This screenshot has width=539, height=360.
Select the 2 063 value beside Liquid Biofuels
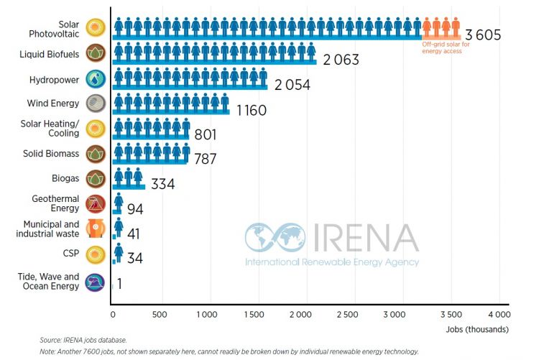[341, 60]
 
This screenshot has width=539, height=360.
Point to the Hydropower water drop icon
[94, 79]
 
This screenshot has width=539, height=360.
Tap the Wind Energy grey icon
[94, 103]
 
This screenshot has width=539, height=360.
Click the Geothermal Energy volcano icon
[94, 204]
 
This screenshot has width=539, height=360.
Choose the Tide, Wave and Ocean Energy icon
[94, 282]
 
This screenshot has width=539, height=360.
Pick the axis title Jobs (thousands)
[480, 329]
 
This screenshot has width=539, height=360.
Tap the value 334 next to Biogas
[162, 185]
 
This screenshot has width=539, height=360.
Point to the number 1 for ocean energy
[119, 285]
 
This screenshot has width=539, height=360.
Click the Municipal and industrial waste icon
[94, 229]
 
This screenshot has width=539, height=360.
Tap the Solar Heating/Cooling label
[51, 129]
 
